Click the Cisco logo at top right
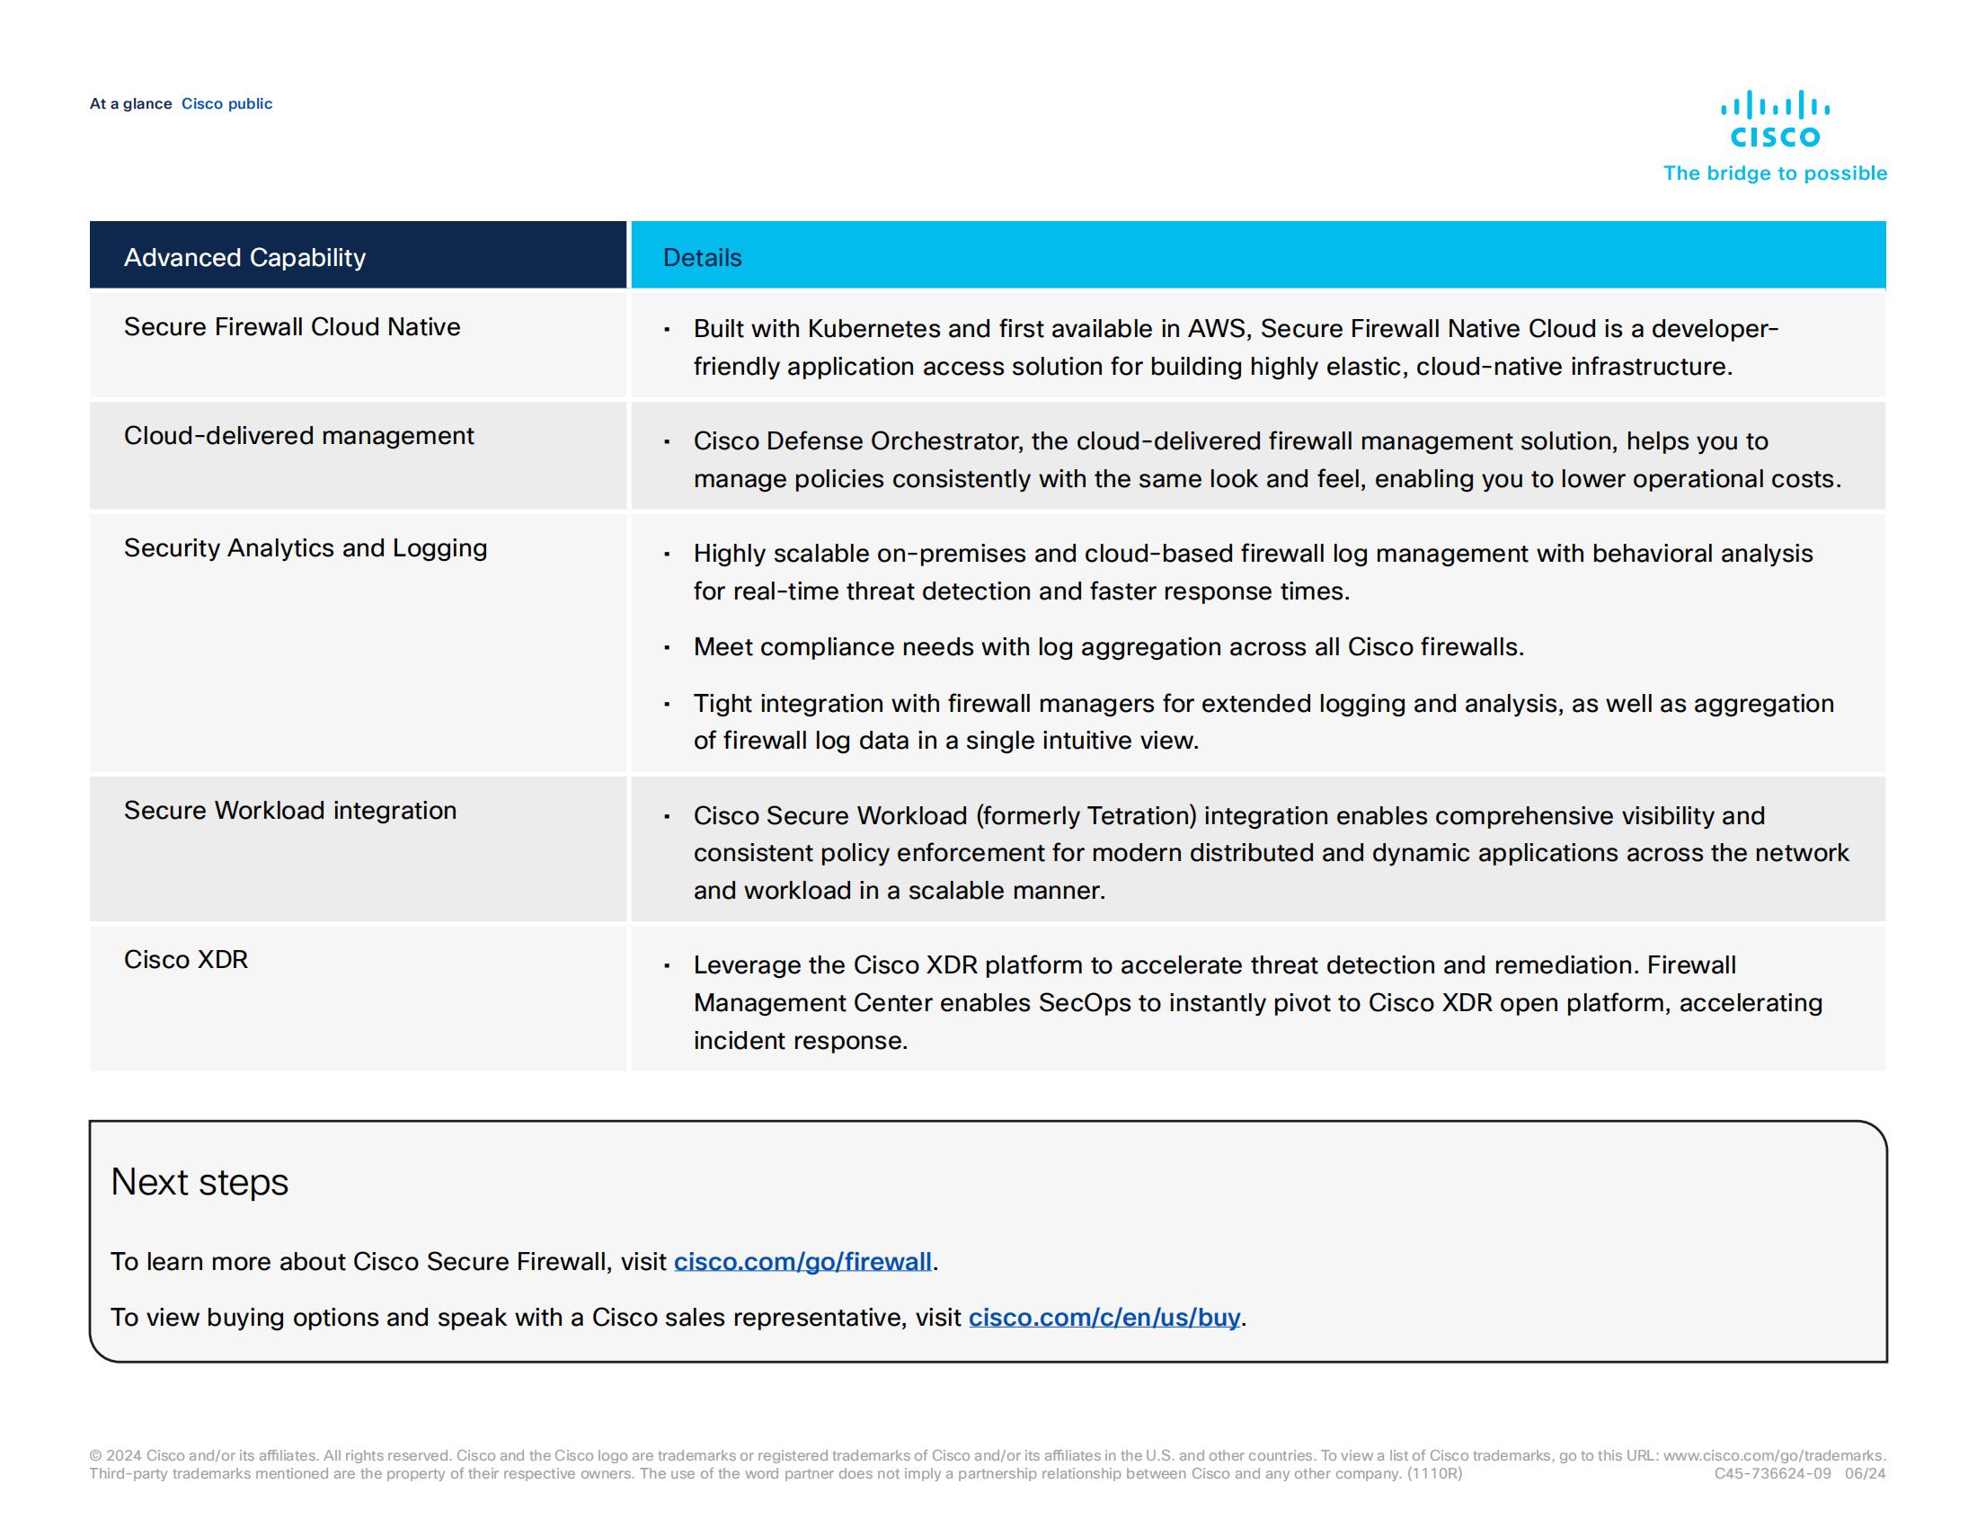(1773, 119)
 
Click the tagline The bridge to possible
(1774, 173)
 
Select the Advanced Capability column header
(244, 257)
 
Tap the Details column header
(702, 257)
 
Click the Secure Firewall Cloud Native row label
(291, 327)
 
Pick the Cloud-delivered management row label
(298, 435)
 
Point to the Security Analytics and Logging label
(305, 547)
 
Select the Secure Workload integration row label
(289, 810)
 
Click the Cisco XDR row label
(186, 960)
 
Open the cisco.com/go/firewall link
(802, 1261)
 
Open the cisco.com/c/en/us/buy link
(1104, 1317)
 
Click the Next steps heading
(199, 1182)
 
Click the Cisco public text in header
(226, 104)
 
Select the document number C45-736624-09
(1771, 1474)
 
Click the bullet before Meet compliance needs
(667, 648)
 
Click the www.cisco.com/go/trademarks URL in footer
(1772, 1455)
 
